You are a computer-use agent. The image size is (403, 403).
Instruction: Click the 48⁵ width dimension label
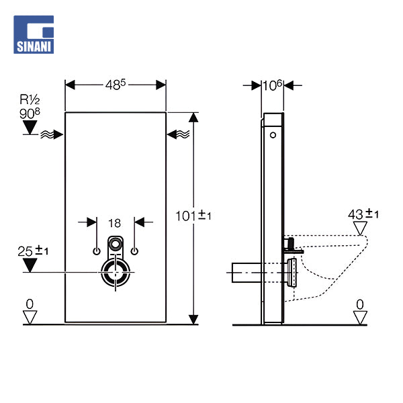click(x=116, y=85)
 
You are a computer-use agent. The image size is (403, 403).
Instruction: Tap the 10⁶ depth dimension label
click(x=273, y=85)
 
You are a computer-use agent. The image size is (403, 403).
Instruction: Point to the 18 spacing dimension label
click(x=115, y=222)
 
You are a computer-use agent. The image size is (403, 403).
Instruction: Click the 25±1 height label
click(x=32, y=251)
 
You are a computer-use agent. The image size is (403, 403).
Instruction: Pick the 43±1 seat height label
click(x=363, y=214)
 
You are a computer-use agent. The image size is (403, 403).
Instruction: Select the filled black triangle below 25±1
click(x=29, y=265)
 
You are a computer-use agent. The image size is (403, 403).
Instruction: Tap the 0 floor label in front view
click(x=29, y=304)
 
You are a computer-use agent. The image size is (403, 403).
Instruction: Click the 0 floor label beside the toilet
click(x=360, y=304)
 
